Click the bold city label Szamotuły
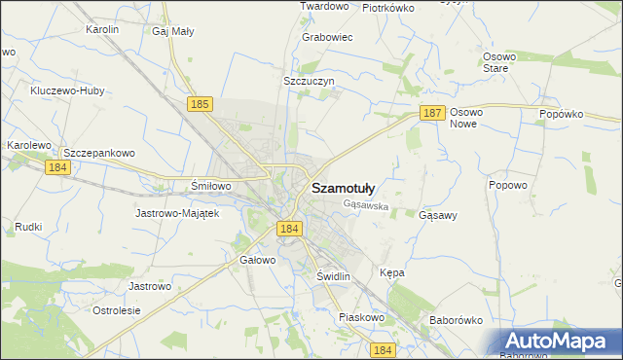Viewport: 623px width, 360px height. (x=348, y=189)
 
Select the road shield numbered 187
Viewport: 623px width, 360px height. (x=433, y=113)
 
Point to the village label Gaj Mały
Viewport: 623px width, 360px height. (x=173, y=30)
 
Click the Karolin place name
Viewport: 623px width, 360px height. (x=102, y=30)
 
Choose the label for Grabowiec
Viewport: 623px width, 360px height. (x=327, y=37)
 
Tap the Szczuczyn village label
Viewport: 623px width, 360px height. (x=309, y=81)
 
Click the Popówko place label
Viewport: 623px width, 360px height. (x=561, y=114)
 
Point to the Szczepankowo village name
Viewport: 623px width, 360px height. (x=97, y=154)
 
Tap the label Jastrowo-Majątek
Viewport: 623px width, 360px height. (x=178, y=212)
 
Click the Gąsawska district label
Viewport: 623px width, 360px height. (x=366, y=205)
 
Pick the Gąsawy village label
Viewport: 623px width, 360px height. (x=437, y=214)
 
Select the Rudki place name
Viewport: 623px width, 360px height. (x=28, y=227)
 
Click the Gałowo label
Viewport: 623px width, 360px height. (x=258, y=261)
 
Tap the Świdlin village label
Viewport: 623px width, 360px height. (x=333, y=276)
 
